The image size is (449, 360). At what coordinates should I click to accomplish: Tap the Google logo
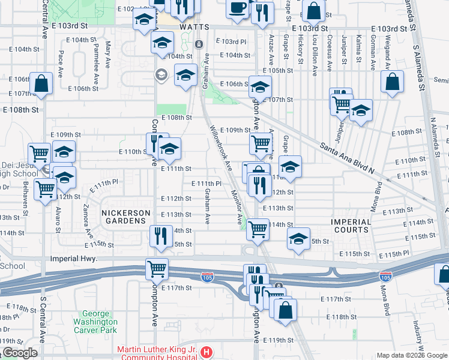click(19, 353)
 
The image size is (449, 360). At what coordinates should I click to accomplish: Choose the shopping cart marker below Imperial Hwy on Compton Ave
click(157, 268)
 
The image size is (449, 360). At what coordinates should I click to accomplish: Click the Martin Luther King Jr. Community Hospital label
click(158, 353)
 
